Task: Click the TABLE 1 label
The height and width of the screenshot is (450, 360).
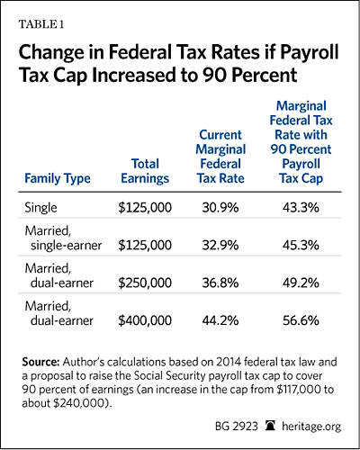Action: click(41, 24)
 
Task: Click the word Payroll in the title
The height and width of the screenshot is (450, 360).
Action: click(309, 53)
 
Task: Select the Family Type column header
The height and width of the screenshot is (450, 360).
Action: click(58, 179)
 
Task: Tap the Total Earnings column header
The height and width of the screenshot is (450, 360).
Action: click(145, 171)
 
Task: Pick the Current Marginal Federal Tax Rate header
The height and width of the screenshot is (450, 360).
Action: click(220, 157)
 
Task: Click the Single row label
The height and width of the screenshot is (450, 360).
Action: click(40, 208)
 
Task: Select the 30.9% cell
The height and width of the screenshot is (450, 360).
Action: click(220, 208)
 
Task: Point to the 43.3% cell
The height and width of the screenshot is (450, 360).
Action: click(301, 208)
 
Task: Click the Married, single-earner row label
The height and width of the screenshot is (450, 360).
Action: click(63, 238)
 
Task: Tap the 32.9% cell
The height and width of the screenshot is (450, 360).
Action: click(220, 246)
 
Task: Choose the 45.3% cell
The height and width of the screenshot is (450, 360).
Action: click(301, 246)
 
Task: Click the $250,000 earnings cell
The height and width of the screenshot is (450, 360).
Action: click(145, 283)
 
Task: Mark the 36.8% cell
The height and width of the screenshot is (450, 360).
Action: click(220, 283)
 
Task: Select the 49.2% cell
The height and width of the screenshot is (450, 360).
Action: click(301, 283)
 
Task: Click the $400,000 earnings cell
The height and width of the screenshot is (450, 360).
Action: click(145, 320)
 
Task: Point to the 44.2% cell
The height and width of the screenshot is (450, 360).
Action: click(220, 320)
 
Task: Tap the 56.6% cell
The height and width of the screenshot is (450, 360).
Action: click(301, 320)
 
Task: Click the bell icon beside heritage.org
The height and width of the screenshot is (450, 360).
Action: click(270, 426)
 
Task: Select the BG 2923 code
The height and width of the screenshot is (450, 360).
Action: click(237, 427)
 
